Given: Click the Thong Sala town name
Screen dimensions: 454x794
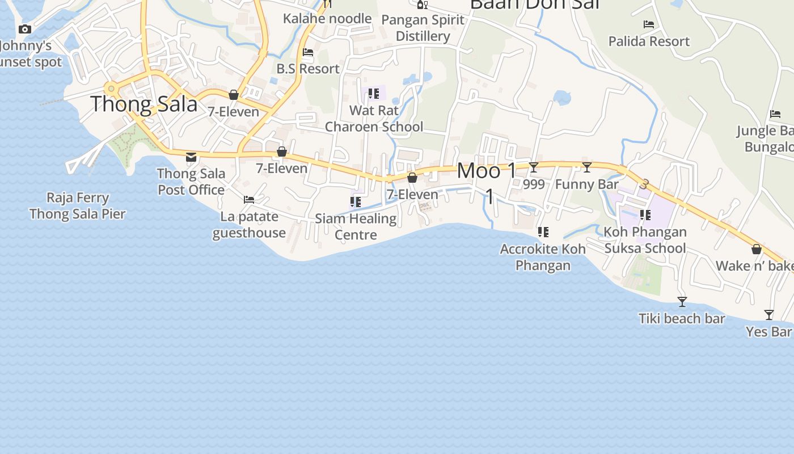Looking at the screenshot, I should [x=144, y=104].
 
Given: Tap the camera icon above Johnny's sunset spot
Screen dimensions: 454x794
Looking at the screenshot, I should [x=25, y=29].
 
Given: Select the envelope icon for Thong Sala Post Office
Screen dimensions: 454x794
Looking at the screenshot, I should [x=191, y=157].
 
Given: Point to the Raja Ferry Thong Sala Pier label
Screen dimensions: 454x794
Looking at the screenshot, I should [x=78, y=205].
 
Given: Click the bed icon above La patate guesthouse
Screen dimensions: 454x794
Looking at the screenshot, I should [x=249, y=199].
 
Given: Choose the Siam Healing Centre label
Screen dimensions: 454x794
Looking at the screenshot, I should [x=356, y=226].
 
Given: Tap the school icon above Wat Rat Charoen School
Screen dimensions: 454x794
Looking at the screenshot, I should [x=373, y=93].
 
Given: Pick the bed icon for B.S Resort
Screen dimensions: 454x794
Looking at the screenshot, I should [x=308, y=52].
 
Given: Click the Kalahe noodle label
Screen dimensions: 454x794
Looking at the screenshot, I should [x=327, y=19].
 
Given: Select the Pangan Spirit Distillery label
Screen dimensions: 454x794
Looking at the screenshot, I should [x=423, y=28].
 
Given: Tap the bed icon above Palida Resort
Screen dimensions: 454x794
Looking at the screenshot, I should [x=649, y=24].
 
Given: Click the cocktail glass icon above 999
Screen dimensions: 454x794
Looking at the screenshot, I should [x=534, y=167].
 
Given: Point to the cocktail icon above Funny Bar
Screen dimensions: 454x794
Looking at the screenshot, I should [x=587, y=167].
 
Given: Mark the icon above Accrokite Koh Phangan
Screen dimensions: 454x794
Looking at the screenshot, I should [x=543, y=232].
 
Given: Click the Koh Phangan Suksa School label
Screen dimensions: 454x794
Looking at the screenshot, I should [x=645, y=240].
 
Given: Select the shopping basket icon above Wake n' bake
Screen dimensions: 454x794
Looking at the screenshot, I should [x=757, y=249].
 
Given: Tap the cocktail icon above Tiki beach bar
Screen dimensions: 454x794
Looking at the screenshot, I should [x=682, y=301].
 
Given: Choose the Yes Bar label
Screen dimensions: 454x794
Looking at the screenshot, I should [x=768, y=331].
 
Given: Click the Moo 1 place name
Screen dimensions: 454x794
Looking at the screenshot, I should [x=487, y=170].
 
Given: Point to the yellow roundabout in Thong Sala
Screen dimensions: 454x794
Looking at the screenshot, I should [x=111, y=89].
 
